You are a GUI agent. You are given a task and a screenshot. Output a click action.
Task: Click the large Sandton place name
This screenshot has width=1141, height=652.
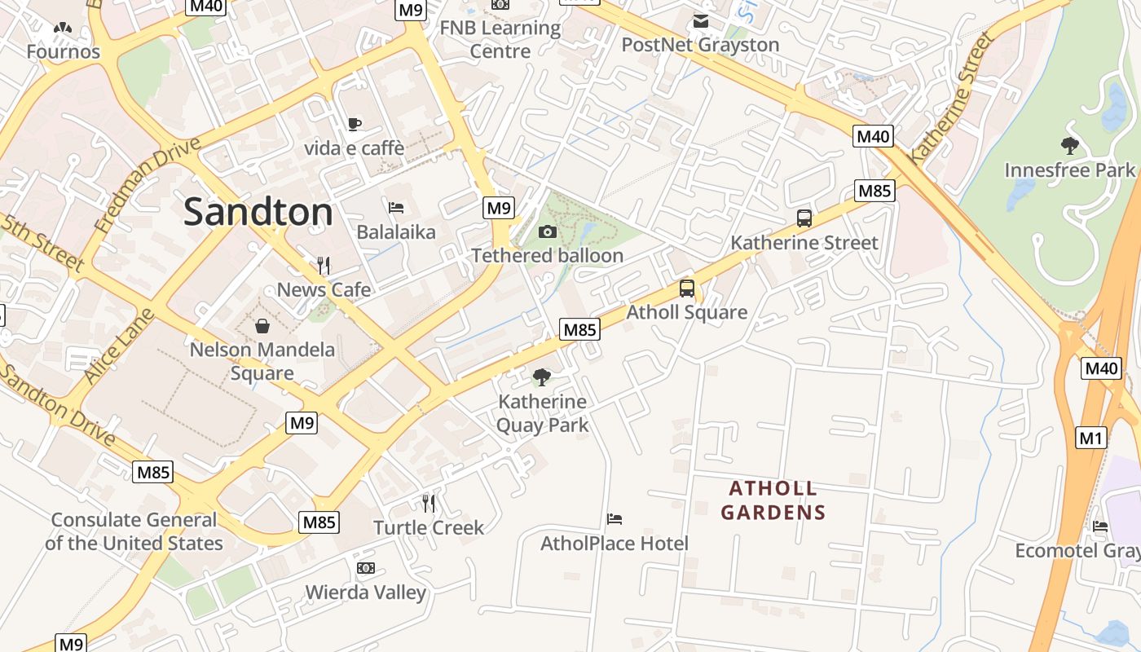[x=258, y=212]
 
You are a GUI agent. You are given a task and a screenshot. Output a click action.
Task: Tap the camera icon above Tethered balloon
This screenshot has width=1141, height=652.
[x=548, y=232]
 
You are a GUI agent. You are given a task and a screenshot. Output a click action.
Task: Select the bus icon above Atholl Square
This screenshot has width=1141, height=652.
[x=687, y=289]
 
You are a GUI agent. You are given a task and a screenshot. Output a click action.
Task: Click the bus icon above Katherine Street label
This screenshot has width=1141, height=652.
[x=804, y=218]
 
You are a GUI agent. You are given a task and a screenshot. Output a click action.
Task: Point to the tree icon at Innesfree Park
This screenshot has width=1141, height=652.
[x=1069, y=146]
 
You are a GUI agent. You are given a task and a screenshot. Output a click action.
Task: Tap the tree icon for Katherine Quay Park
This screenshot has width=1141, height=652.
[x=541, y=377]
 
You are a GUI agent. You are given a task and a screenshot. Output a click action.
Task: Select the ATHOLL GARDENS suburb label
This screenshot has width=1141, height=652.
[x=773, y=500]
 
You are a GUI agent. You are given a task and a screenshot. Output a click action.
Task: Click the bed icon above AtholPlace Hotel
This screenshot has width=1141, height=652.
[x=615, y=519]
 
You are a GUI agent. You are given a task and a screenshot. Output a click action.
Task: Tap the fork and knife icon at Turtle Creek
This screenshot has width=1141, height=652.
[x=429, y=503]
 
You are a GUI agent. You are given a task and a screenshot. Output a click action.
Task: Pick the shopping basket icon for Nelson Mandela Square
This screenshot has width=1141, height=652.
[x=262, y=327]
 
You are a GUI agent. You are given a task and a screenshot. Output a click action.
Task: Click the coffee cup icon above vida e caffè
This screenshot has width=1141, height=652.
[x=354, y=124]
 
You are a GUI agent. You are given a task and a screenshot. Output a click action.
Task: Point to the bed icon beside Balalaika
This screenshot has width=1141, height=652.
[x=396, y=208]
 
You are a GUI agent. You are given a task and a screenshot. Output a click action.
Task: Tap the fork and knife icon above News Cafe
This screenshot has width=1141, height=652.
[x=324, y=265]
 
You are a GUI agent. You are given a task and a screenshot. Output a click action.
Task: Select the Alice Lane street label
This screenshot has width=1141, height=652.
[x=118, y=346]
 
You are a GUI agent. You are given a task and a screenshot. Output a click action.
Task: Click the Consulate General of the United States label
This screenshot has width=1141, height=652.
[x=134, y=531]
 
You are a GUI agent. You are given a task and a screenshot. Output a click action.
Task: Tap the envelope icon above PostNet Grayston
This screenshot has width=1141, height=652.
[x=700, y=21]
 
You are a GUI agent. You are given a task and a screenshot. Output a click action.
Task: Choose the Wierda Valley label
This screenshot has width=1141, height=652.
[x=365, y=592]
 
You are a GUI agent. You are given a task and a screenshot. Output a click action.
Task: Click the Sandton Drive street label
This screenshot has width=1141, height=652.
[x=59, y=405]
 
